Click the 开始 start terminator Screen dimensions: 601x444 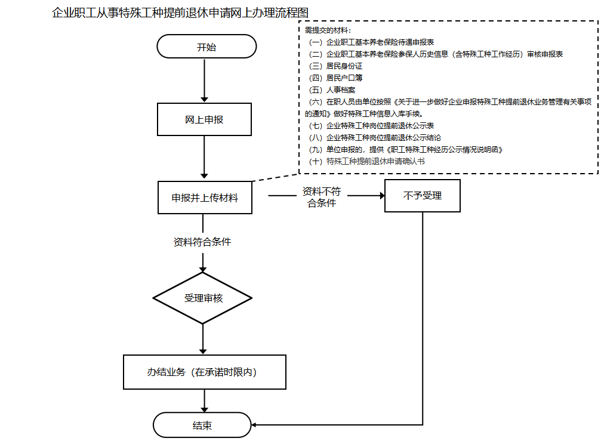[x=207, y=47]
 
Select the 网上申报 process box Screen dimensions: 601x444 [x=204, y=119]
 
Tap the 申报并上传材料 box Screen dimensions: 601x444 [x=205, y=198]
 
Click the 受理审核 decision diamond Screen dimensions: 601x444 [x=202, y=298]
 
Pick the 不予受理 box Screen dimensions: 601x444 [x=423, y=196]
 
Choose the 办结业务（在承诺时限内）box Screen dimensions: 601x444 [x=205, y=372]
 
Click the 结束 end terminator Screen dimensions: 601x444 [x=202, y=425]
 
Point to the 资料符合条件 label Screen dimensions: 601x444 [x=202, y=242]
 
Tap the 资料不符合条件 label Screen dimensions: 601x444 [x=322, y=197]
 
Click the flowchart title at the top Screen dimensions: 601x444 [x=180, y=13]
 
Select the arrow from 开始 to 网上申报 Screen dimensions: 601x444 [x=204, y=81]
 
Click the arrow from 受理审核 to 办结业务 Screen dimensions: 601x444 [x=203, y=339]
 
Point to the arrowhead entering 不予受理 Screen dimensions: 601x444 [x=382, y=196]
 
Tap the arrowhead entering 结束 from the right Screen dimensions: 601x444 [x=254, y=425]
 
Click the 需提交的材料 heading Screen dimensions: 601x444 [x=328, y=30]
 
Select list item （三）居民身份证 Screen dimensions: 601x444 [x=336, y=66]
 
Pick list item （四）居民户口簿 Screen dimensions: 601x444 [x=336, y=78]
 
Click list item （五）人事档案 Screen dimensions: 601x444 [x=332, y=90]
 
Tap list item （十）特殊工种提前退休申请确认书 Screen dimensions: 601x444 [x=367, y=161]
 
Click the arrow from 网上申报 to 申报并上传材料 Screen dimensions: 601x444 [x=204, y=157]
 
